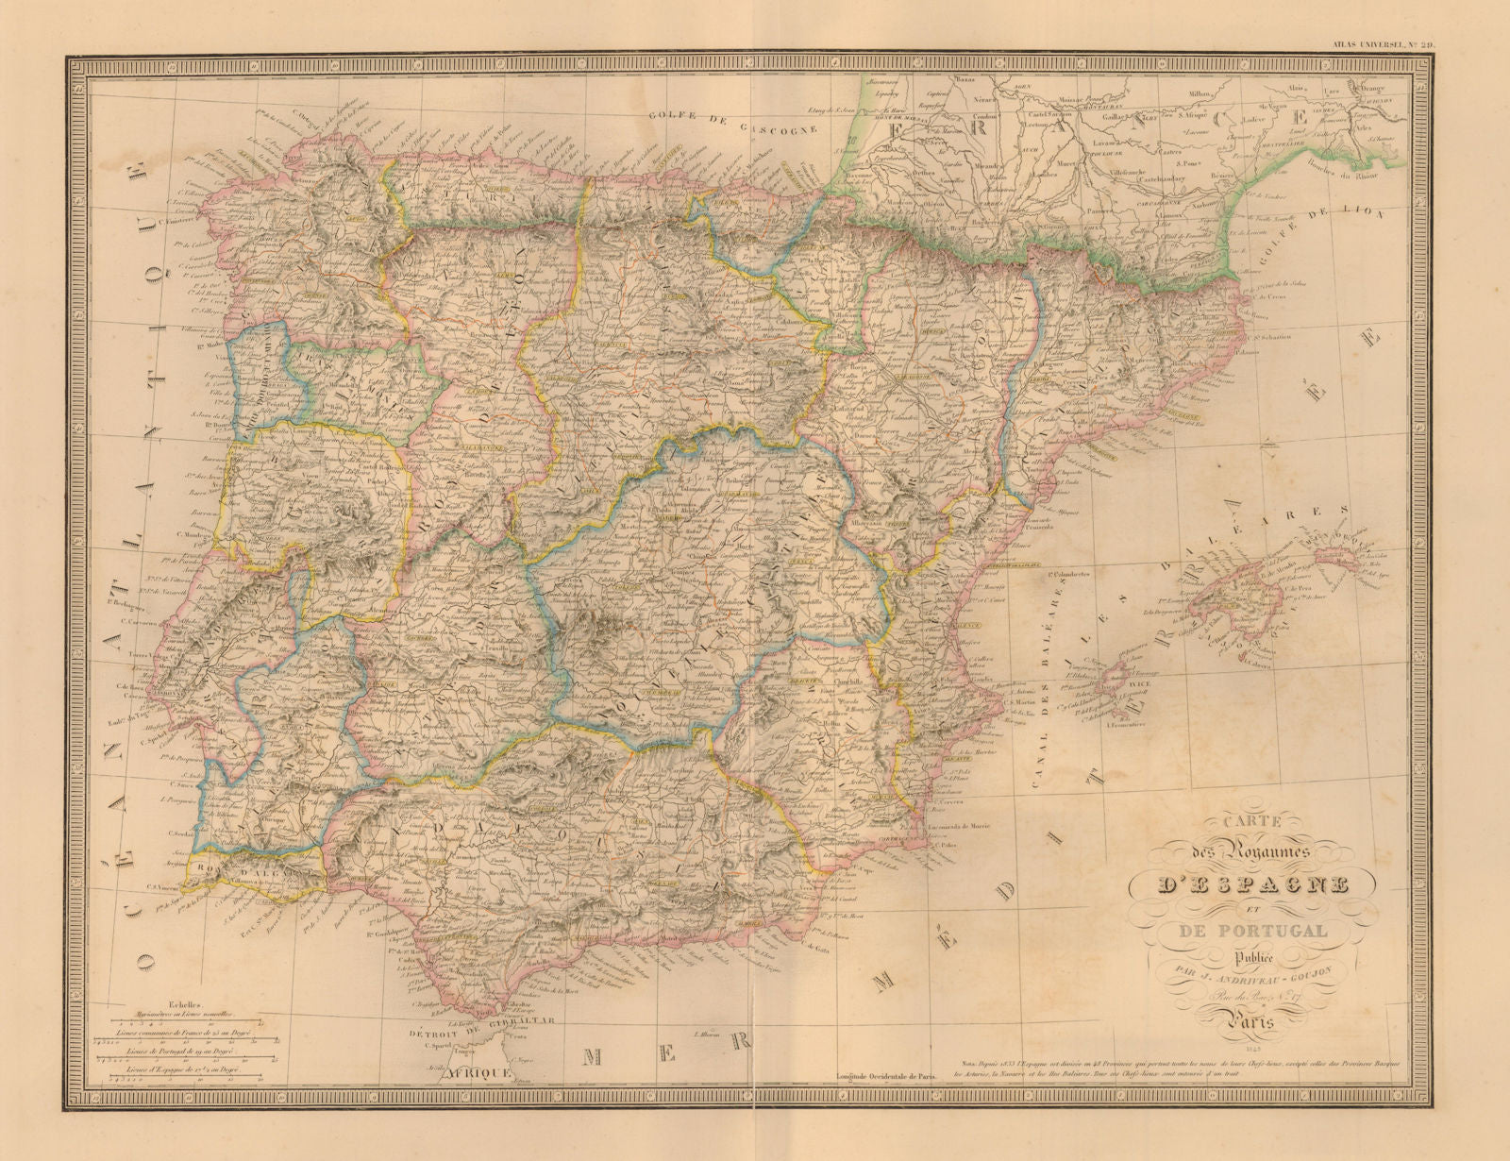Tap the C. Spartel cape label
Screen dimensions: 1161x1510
[435, 1045]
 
